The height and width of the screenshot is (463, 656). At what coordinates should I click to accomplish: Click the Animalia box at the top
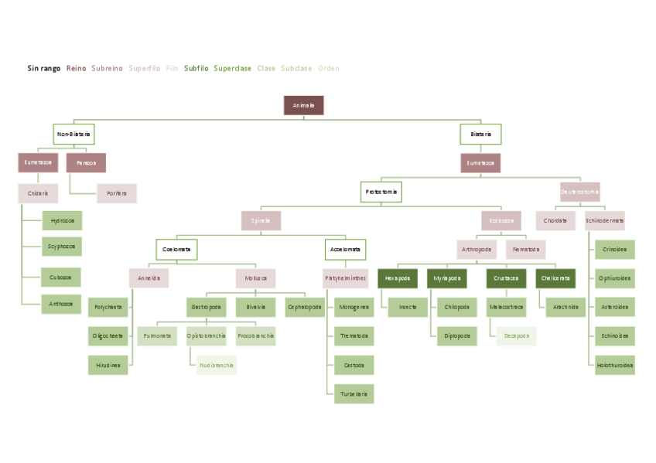click(x=303, y=105)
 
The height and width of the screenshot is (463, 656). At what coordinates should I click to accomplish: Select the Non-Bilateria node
click(x=73, y=134)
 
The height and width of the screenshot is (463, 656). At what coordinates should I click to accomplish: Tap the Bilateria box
click(x=480, y=134)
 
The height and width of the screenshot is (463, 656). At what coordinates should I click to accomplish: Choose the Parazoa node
click(x=86, y=163)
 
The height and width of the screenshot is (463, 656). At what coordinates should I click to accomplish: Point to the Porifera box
click(x=117, y=193)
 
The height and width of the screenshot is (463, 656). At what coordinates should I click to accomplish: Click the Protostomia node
click(x=381, y=192)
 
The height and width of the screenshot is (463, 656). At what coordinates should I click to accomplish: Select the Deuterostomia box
click(x=579, y=192)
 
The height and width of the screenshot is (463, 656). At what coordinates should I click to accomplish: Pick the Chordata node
click(x=555, y=221)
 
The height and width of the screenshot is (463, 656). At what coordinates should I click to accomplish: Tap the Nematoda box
click(x=526, y=250)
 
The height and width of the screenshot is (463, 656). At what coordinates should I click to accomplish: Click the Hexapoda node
click(x=398, y=278)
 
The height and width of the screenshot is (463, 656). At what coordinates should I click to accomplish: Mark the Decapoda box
click(x=516, y=336)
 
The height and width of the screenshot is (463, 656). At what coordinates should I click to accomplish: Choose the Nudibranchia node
click(x=217, y=365)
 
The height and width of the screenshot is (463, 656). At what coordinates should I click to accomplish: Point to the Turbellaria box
click(x=354, y=393)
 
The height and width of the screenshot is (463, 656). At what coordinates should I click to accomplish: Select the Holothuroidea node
click(x=615, y=365)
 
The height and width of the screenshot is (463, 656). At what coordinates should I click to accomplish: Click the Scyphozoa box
click(x=62, y=247)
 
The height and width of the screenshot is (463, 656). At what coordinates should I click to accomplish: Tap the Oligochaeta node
click(x=108, y=336)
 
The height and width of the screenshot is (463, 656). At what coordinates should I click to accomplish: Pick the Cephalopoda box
click(x=305, y=307)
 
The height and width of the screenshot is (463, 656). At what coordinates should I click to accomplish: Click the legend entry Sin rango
click(x=44, y=69)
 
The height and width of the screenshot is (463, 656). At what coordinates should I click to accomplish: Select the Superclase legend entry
click(x=233, y=69)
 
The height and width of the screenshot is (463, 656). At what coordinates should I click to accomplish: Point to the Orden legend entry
click(x=329, y=69)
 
